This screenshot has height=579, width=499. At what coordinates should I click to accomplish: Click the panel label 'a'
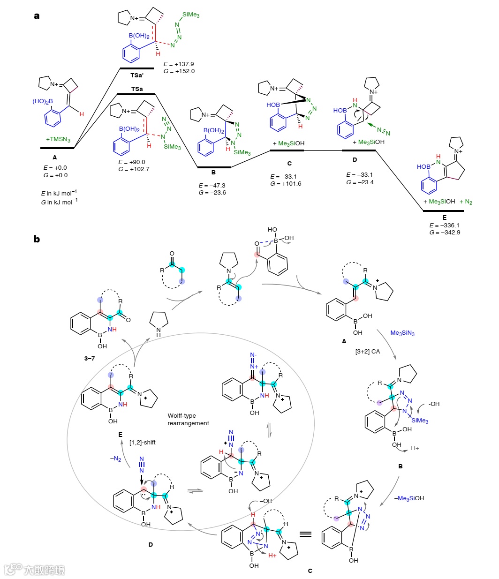pos(37,16)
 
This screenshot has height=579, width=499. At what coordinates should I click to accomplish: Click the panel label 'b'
pos(37,239)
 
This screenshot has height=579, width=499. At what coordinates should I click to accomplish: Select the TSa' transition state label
pos(137,75)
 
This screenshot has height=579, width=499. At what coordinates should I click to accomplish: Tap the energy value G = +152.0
pos(179,71)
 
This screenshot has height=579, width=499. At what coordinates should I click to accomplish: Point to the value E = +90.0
pos(132,162)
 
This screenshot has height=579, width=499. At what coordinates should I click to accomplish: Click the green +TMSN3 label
pos(58,139)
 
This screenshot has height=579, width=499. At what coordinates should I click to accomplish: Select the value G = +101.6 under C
pos(286,184)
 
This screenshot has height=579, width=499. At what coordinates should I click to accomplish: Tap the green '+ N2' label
pos(466,202)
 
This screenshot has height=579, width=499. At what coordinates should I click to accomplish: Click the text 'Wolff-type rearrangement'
pos(189,419)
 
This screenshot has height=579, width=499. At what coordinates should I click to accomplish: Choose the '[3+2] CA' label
pos(368,351)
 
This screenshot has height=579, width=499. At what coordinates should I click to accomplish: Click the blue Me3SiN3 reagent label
pos(402,333)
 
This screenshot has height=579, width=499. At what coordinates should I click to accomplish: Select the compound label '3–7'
pos(90,358)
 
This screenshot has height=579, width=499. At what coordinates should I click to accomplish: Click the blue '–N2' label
pos(115,459)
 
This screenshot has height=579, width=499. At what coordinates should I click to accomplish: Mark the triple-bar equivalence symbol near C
pos(306,534)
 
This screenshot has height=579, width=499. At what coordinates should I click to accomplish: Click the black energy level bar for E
pos(443,211)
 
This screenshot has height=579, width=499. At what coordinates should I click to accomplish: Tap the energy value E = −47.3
pos(212,186)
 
